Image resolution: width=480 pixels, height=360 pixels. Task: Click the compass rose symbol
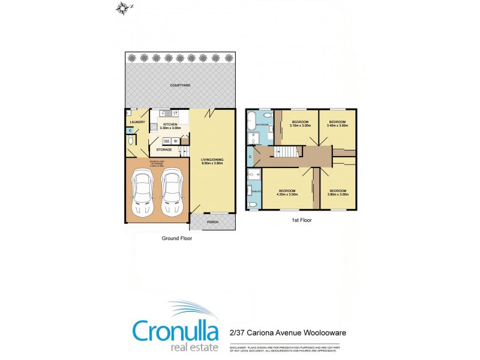click(x=123, y=8)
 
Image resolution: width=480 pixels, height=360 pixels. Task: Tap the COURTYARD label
click(x=180, y=86)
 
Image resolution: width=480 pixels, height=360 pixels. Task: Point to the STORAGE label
click(x=164, y=149)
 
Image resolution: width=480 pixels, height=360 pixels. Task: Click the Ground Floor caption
click(x=177, y=238)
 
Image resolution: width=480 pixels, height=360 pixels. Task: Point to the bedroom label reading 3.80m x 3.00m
click(x=338, y=193)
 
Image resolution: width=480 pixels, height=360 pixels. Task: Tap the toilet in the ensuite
click(x=253, y=205)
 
